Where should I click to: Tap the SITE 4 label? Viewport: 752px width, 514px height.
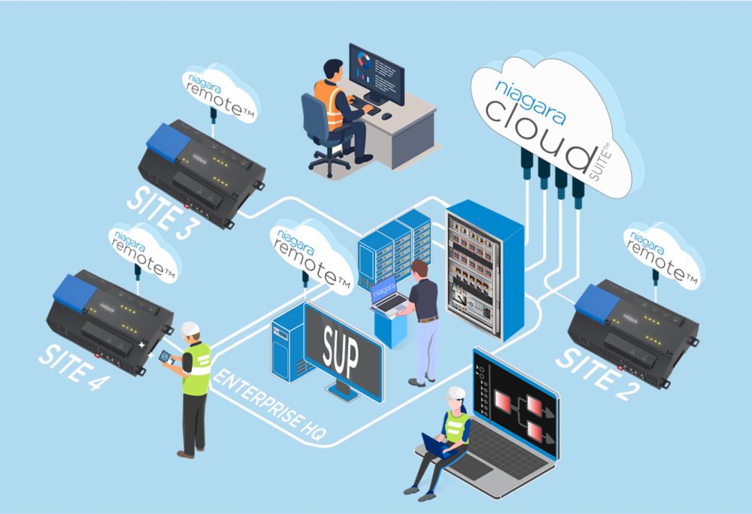click(x=74, y=366)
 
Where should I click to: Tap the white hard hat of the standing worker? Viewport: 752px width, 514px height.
click(x=190, y=328)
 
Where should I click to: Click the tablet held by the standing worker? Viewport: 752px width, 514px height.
click(x=166, y=358)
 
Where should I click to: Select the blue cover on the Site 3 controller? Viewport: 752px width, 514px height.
click(x=168, y=138)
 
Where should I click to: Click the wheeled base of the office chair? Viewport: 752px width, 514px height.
click(x=329, y=163)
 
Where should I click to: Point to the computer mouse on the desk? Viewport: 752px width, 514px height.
click(x=387, y=116)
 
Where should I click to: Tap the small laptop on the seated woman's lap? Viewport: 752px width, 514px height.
click(x=436, y=446)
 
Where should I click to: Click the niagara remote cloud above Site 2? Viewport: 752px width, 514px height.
click(x=663, y=255)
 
